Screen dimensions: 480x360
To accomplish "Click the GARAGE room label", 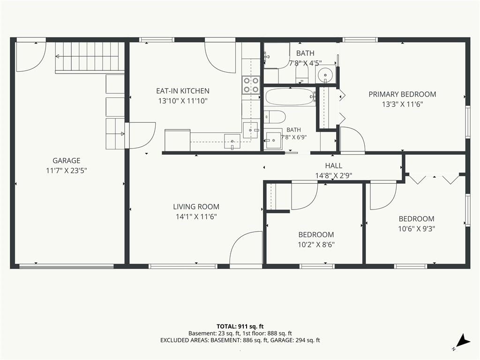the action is (67, 160).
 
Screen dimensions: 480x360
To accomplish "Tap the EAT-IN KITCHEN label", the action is (183, 91).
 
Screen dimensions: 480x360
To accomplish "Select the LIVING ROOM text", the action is (196, 207).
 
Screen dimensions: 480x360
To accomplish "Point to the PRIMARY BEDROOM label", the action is (402, 94).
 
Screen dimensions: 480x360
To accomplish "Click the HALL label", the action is (334, 165).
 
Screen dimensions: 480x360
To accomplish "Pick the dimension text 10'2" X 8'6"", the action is (316, 245).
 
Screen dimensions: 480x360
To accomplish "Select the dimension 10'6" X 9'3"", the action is (417, 229).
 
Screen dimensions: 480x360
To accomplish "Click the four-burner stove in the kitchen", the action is (251, 85).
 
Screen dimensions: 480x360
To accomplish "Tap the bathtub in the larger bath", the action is (290, 97).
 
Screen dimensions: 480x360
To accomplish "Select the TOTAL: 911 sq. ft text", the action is (240, 326).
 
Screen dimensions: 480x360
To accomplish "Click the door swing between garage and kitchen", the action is (141, 135).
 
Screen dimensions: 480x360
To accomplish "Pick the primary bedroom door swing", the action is (352, 140).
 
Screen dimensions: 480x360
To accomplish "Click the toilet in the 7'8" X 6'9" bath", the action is (275, 117).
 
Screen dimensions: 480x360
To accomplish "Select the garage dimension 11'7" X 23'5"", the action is (67, 171).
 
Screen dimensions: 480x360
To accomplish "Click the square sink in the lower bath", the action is (273, 140).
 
